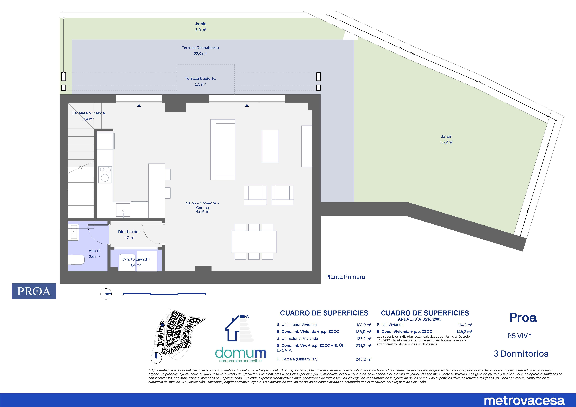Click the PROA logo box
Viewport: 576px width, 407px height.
[34, 291]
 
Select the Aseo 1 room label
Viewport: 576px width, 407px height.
[94, 251]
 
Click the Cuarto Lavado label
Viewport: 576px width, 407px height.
[136, 259]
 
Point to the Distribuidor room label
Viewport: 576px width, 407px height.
[129, 232]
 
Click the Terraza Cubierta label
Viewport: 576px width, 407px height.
[200, 79]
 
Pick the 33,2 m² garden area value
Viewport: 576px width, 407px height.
[447, 142]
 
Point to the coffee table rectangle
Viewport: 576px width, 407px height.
[270, 146]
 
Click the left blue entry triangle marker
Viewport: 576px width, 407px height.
[139, 106]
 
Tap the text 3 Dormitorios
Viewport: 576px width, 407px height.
[521, 354]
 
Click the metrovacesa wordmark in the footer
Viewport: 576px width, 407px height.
[524, 400]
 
